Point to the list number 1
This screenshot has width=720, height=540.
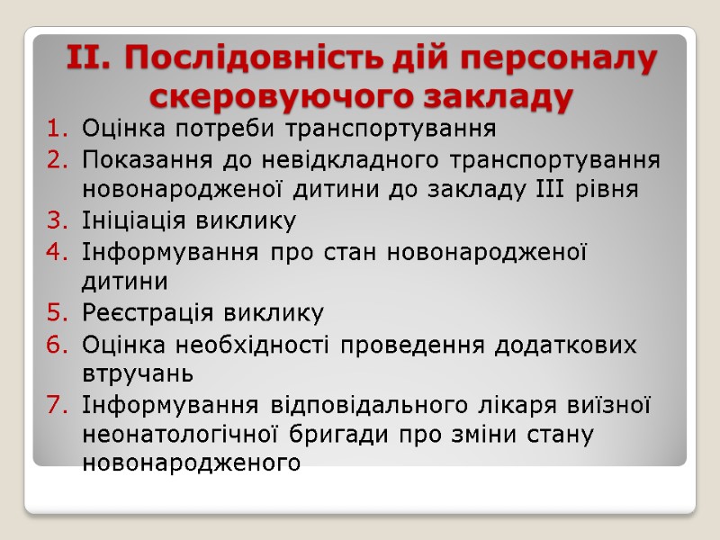(55, 129)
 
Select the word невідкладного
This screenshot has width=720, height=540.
(345, 160)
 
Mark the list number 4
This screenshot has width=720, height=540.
(55, 251)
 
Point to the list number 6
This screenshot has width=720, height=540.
(55, 344)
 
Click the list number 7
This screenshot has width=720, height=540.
(55, 405)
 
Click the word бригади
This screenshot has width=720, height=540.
(337, 436)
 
